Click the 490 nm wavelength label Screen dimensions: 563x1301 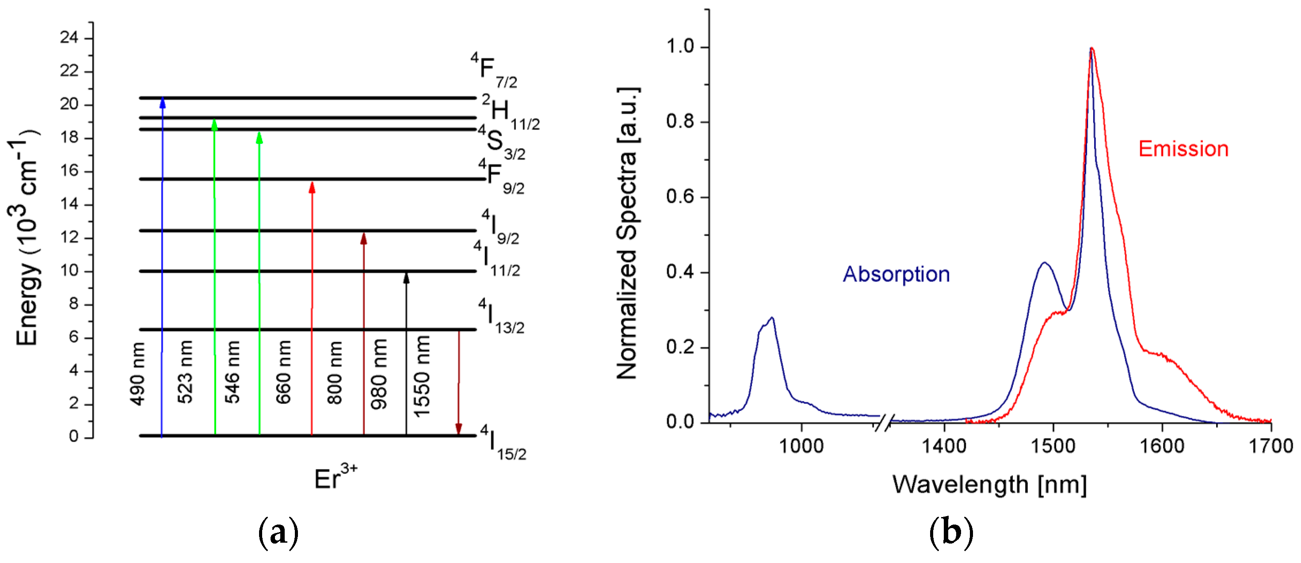137,374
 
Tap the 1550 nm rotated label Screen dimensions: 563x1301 422,377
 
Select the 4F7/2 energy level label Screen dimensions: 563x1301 493,71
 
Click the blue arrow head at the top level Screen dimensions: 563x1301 163,102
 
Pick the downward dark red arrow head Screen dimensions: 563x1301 458,429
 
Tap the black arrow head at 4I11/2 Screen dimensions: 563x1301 406,277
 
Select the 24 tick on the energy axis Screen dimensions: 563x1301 69,38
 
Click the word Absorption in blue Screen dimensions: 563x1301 897,274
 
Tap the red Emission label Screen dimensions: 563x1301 1183,149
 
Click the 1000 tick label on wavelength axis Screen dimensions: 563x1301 801,446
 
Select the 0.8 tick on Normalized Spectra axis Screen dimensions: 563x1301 681,122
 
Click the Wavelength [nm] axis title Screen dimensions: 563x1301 989,485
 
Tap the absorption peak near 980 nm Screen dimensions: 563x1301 772,318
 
